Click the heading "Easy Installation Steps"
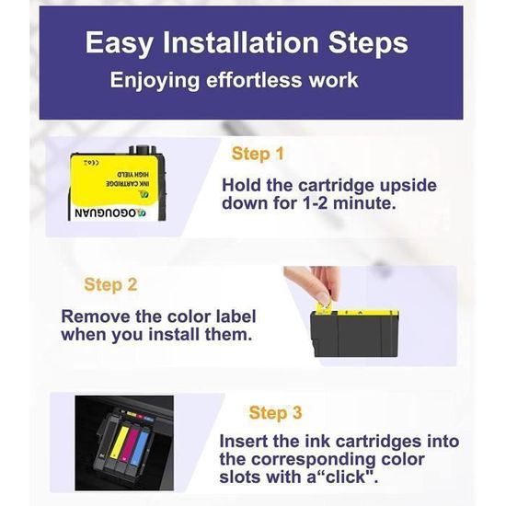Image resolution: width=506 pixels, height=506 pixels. (247, 43)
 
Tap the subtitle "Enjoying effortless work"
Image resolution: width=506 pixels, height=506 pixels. (234, 80)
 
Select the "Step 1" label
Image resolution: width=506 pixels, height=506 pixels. (258, 154)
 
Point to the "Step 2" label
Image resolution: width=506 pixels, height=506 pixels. (110, 284)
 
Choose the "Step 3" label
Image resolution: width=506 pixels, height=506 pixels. (275, 412)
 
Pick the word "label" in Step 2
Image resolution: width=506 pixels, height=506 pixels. (236, 316)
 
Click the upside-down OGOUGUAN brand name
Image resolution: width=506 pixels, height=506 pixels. (110, 213)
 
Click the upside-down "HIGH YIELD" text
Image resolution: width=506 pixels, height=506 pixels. (132, 175)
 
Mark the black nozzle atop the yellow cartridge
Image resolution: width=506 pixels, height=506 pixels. (143, 150)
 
